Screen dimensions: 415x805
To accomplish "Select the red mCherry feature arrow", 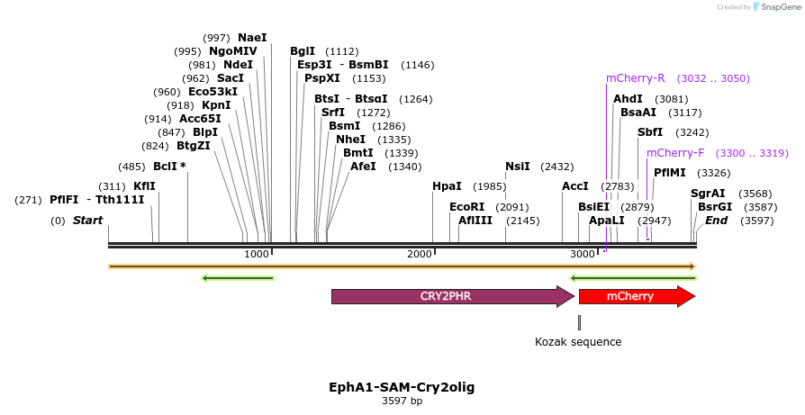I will point(636,296).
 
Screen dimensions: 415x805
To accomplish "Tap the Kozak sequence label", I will point(578,342).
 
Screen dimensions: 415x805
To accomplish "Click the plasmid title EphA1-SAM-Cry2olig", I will point(402,387).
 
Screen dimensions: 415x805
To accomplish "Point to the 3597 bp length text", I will point(402,401).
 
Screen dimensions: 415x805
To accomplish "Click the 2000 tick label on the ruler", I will point(421,255).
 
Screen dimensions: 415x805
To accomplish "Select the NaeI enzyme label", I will point(252,38).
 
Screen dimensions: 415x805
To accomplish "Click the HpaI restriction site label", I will point(447,186).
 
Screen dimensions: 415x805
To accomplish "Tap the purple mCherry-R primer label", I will point(636,78).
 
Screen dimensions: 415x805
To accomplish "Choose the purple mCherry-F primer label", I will point(675,152).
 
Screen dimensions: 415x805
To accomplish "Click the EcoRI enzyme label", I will point(466,206).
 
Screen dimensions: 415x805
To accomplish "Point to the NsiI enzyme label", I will point(518,167).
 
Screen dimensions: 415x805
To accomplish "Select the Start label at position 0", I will point(88,221).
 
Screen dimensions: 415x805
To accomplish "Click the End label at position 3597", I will point(716,221).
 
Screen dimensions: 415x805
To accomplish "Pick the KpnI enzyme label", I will point(216,105).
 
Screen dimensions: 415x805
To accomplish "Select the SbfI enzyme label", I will point(650,132).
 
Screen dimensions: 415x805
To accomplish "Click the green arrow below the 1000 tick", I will point(238,278).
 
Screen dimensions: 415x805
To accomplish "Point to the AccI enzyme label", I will point(575,186).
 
